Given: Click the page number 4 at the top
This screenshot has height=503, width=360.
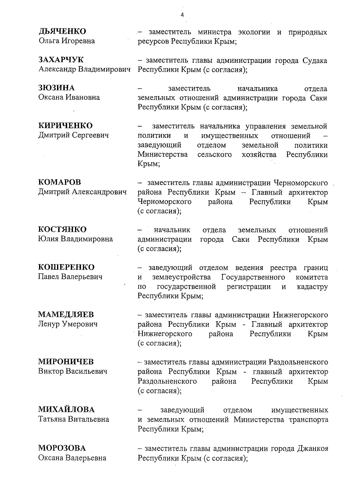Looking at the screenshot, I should coord(182,15).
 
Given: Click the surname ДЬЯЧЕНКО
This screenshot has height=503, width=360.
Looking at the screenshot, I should coord(62,31).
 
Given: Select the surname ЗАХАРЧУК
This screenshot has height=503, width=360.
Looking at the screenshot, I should coord(61,60).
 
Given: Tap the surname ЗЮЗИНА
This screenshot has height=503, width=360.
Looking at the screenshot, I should coord(56,88).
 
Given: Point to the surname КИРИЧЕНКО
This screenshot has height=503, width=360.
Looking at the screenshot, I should coord(65,125).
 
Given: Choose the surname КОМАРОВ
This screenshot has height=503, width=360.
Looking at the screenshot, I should coord(59,182).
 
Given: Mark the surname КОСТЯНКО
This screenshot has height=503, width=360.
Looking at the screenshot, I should coord(62,229).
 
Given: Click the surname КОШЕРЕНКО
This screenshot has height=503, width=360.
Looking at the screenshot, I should coord(66,267).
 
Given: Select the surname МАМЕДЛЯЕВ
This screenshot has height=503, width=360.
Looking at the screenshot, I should coord(66,314).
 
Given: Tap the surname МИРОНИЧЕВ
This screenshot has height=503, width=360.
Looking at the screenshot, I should coord(66,361).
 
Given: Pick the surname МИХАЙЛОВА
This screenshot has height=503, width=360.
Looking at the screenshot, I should coord(66,409).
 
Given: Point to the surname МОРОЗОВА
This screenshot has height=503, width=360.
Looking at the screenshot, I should coord(62,448).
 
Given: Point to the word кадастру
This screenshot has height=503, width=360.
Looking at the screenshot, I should coord(312,287).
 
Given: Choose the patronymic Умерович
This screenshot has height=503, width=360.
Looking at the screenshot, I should coord(79,324).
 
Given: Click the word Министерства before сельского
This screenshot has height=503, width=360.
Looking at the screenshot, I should coord(163,154).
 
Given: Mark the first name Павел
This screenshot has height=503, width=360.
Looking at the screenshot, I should coord(49,277).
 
